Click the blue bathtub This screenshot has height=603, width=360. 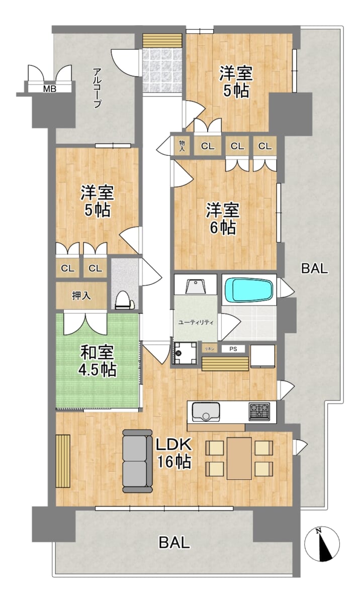(249, 289)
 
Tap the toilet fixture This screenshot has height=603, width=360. (125, 300)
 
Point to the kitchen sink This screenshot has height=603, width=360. (206, 412)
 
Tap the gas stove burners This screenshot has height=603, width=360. (259, 411)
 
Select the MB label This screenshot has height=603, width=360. (50, 89)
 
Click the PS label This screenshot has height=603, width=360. (233, 349)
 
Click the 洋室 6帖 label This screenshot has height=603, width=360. (223, 219)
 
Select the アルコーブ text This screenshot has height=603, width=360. (97, 88)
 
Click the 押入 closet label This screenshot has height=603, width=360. (81, 296)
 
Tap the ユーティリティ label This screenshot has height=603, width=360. (196, 323)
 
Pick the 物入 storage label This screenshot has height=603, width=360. (183, 146)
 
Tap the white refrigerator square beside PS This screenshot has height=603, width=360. (263, 356)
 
